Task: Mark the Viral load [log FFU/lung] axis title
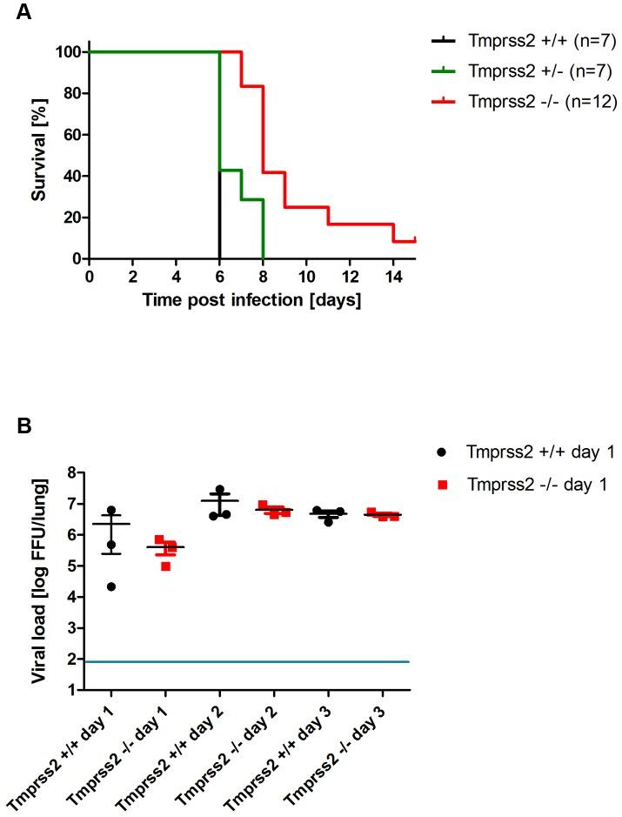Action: [39, 581]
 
